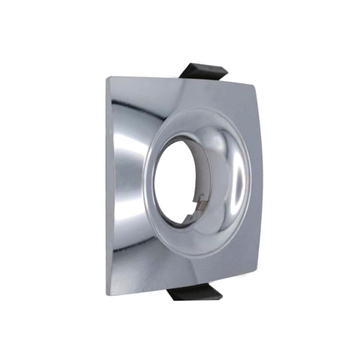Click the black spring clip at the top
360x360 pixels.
click(202, 72)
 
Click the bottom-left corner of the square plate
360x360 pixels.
click(107, 295)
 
